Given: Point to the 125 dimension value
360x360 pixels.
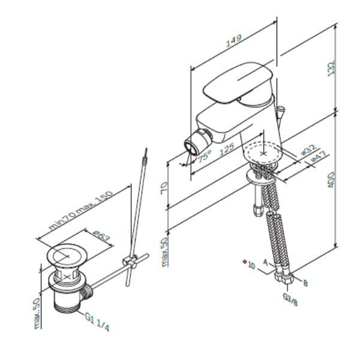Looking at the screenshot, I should (226, 150).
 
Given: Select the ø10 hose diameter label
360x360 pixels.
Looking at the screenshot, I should (249, 262).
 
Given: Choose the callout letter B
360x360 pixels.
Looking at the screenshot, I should (305, 283).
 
